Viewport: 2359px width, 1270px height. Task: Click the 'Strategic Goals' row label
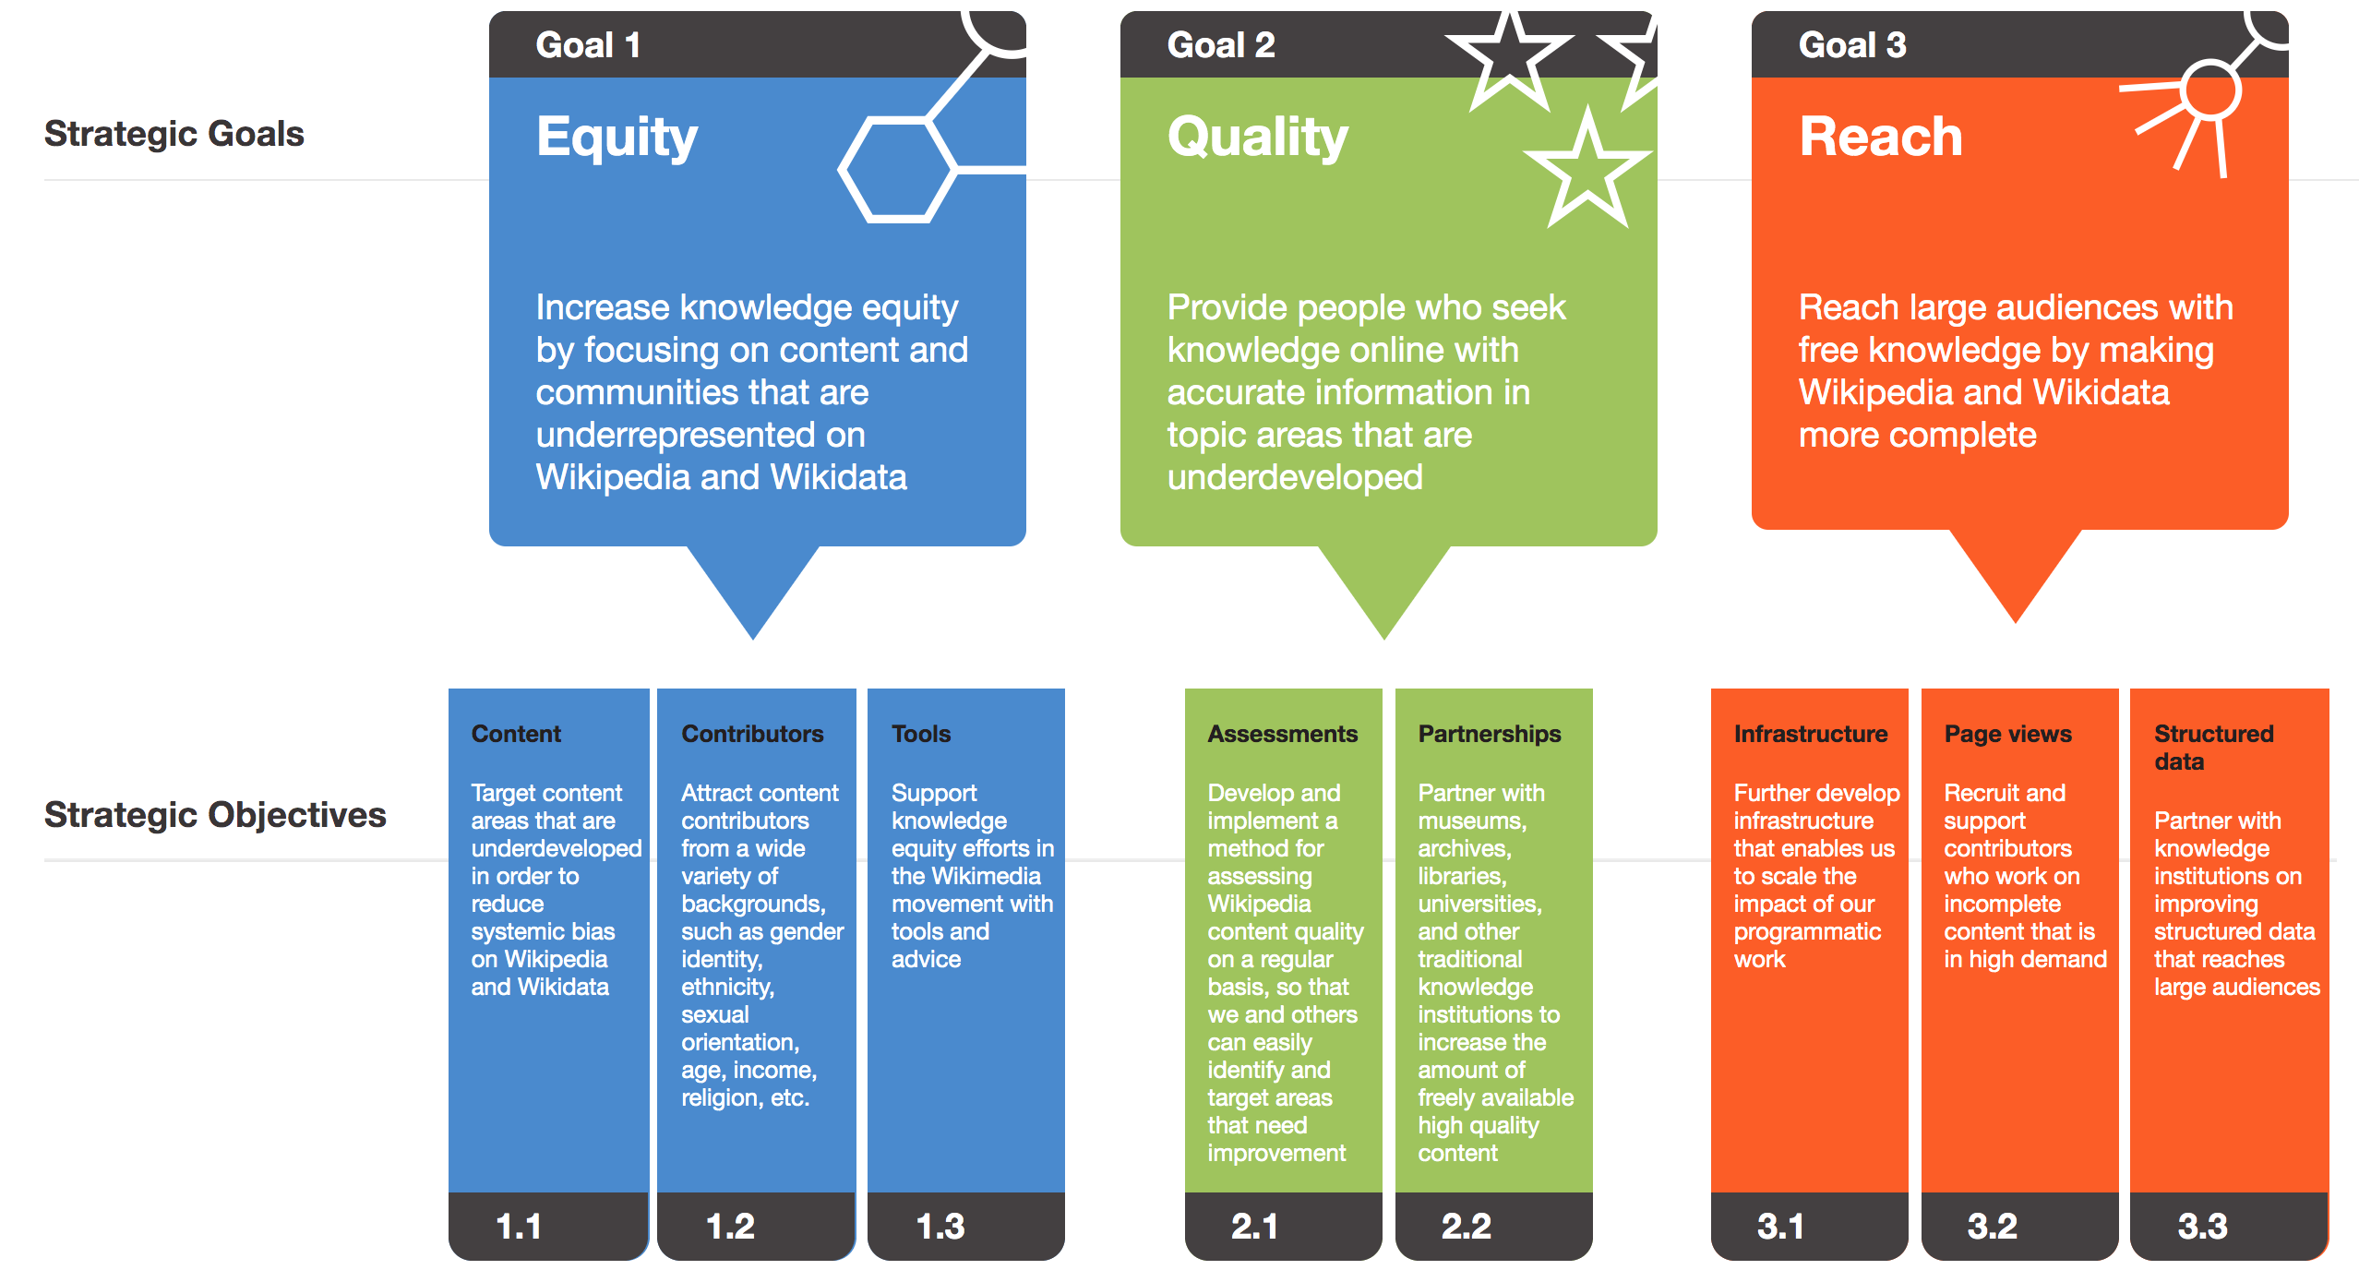174,134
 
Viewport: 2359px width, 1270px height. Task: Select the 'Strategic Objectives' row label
215,815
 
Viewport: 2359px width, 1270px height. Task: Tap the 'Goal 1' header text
588,45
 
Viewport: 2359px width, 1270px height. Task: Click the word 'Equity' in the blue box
617,137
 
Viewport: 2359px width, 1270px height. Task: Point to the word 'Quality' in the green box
1258,137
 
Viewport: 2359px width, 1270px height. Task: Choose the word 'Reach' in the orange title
1880,137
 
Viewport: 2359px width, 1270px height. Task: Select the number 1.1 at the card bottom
519,1227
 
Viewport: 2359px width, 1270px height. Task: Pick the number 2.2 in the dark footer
1466,1227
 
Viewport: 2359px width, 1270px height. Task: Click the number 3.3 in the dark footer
2202,1227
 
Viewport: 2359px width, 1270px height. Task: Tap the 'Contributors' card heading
752,734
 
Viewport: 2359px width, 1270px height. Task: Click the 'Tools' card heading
921,734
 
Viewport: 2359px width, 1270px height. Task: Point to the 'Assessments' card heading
1283,734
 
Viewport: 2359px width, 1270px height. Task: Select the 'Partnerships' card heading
1490,734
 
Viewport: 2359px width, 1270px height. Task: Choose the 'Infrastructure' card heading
1811,734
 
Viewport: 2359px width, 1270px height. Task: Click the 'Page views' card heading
2008,734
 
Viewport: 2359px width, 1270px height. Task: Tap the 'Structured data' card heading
2214,748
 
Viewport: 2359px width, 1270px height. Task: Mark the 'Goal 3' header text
1852,45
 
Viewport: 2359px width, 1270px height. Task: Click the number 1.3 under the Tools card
940,1227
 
